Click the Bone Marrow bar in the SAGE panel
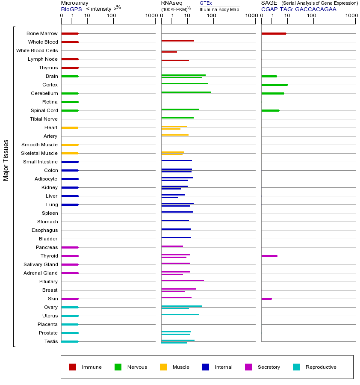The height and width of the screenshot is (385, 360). point(274,33)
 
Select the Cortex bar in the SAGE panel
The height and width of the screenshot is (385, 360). point(274,85)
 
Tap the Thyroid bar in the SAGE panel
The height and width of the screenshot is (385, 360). point(269,256)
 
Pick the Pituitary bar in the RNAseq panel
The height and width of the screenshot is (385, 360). point(183,280)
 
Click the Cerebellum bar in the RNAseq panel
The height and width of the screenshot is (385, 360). point(186,92)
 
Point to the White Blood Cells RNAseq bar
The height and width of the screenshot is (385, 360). point(169,52)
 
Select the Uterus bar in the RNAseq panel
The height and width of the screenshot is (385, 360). point(180,314)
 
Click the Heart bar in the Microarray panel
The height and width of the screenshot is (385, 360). point(70,127)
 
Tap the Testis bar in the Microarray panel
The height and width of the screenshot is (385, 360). point(70,341)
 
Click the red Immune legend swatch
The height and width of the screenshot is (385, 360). point(73,367)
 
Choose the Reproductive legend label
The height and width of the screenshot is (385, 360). point(321,367)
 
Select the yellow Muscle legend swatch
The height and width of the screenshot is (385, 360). point(163,367)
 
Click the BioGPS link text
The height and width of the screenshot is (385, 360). point(71,9)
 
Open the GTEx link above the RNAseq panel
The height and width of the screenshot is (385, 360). point(206,3)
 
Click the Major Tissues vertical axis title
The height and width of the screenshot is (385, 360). point(6,160)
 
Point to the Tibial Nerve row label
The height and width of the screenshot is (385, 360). point(44,119)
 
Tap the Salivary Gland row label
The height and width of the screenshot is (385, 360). point(41,264)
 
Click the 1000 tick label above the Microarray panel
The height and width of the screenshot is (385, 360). point(150,16)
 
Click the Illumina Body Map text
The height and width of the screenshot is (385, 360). point(219,9)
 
